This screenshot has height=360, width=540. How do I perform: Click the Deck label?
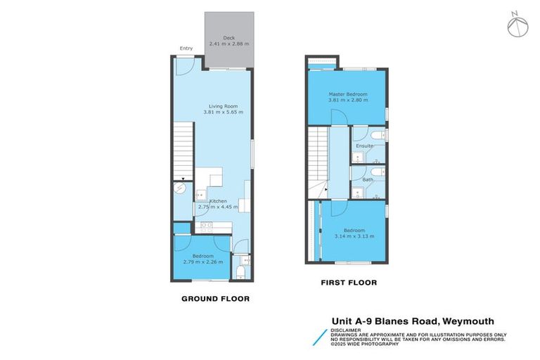click(x=229, y=38)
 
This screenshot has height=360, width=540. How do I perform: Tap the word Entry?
click(x=186, y=49)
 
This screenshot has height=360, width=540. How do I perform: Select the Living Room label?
click(x=223, y=106)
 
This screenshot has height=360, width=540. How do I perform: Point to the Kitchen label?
click(x=217, y=202)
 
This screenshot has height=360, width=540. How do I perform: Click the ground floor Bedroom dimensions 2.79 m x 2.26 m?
click(x=202, y=262)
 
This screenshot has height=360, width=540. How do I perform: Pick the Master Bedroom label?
click(x=348, y=94)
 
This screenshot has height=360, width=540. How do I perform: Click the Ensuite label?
click(x=364, y=146)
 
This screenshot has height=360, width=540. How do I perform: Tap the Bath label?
click(x=368, y=179)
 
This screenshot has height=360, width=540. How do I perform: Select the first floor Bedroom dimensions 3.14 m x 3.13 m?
click(x=354, y=236)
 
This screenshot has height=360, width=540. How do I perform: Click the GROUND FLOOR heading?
click(x=215, y=299)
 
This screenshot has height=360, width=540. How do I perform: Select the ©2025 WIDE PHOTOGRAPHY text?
click(x=365, y=344)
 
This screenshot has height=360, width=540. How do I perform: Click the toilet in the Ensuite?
click(x=378, y=134)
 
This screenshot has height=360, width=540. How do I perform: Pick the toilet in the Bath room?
click(x=378, y=171)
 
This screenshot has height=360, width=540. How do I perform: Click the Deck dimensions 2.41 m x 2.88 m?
click(x=229, y=44)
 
